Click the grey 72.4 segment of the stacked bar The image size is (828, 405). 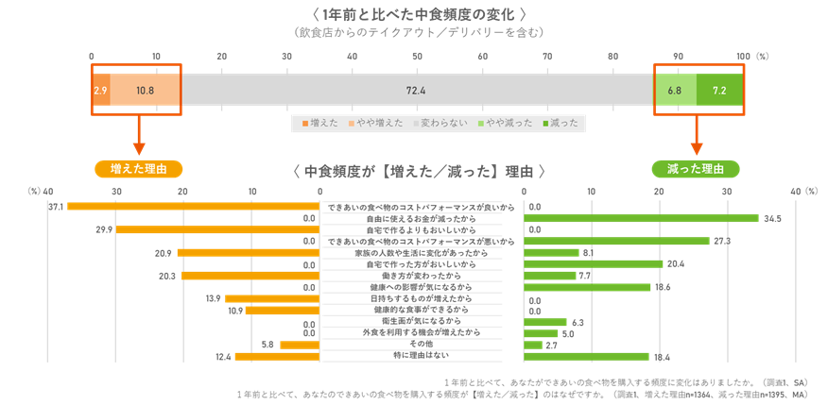[x=416, y=90]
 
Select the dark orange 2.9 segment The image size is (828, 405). [x=101, y=90]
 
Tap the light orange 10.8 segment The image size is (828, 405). [x=146, y=90]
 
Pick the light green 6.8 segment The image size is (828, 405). [x=676, y=90]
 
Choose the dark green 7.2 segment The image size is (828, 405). [x=719, y=90]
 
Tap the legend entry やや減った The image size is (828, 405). [x=506, y=123]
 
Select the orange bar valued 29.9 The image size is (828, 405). [x=217, y=229]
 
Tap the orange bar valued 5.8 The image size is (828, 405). [x=300, y=345]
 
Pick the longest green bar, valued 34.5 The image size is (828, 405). [x=641, y=218]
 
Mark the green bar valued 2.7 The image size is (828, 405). [x=533, y=345]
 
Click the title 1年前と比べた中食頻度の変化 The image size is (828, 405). [x=417, y=14]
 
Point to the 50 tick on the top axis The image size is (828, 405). [x=417, y=57]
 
